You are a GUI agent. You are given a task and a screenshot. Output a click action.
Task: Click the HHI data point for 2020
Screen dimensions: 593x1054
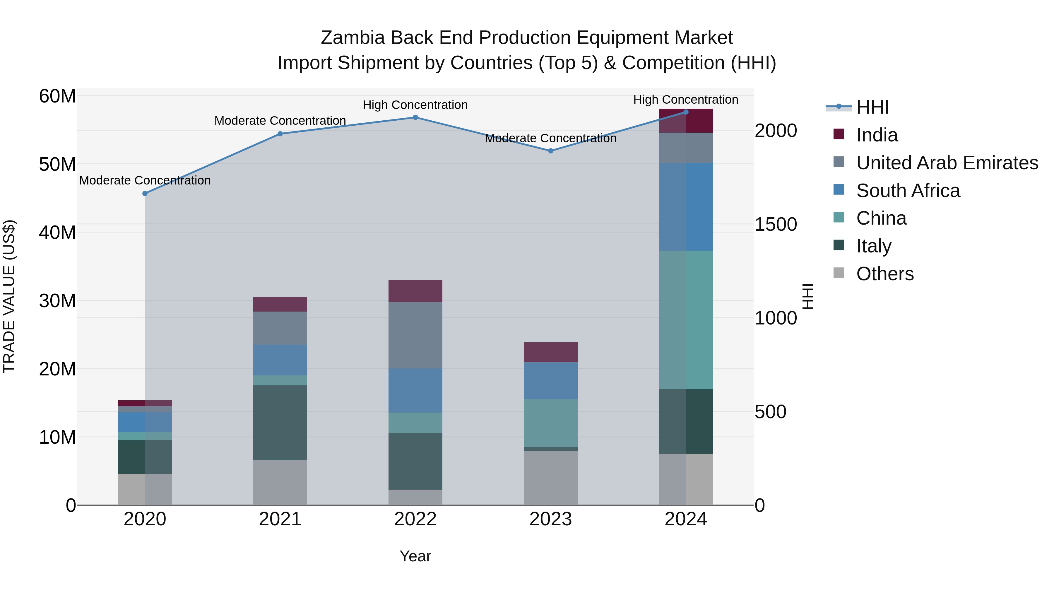[145, 194]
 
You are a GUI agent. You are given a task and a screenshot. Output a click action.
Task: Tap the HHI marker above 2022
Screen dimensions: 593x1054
[415, 117]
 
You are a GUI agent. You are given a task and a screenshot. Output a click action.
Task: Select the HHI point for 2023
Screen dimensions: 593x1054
[551, 151]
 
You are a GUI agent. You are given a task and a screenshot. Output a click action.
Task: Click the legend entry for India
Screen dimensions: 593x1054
[877, 135]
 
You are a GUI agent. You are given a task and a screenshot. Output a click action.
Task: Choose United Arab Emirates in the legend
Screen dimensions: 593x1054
[947, 163]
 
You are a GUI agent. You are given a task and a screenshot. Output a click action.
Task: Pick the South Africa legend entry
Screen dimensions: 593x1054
[908, 191]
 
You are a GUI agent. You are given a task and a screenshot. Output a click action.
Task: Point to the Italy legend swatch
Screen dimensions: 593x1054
[839, 246]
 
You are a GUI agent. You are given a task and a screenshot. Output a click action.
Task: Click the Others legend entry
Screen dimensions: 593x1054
[884, 274]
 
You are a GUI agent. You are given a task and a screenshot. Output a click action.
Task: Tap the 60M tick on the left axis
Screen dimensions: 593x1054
[57, 97]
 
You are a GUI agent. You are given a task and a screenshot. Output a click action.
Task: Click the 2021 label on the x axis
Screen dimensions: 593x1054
[280, 519]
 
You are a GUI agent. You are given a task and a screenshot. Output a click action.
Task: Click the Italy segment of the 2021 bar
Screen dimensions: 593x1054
[280, 423]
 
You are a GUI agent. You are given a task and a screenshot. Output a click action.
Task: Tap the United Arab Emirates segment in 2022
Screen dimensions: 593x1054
[415, 335]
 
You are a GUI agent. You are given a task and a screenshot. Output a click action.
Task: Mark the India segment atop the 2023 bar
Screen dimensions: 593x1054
[551, 352]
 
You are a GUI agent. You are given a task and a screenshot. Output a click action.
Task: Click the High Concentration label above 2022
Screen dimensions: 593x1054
[415, 105]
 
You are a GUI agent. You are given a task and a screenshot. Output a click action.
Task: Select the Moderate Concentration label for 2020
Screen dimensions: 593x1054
[145, 180]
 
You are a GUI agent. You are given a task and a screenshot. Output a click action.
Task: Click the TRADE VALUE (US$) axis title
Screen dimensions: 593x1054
[9, 296]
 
